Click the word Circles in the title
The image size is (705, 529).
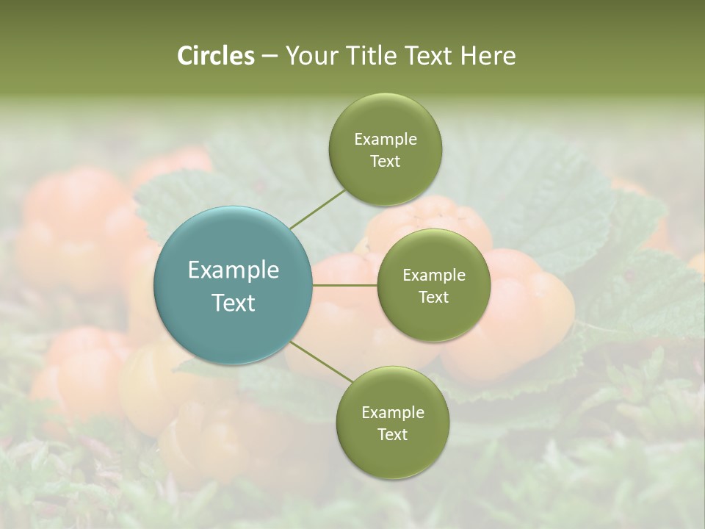pyautogui.click(x=215, y=56)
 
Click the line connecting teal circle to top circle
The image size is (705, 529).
pyautogui.click(x=317, y=209)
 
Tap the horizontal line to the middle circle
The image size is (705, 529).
pyautogui.click(x=345, y=285)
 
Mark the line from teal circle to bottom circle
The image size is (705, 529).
pyautogui.click(x=322, y=362)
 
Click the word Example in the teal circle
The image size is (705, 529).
pyautogui.click(x=234, y=270)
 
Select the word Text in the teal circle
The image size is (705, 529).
pyautogui.click(x=234, y=303)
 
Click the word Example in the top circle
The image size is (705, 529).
pyautogui.click(x=385, y=140)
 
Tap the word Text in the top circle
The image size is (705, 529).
pyautogui.click(x=385, y=161)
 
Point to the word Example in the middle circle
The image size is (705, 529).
pyautogui.click(x=433, y=276)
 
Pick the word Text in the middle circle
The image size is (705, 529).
pyautogui.click(x=433, y=297)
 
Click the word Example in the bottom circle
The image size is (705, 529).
pyautogui.click(x=392, y=413)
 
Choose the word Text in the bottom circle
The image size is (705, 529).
pyautogui.click(x=392, y=434)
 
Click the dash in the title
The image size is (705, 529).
pyautogui.click(x=269, y=57)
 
